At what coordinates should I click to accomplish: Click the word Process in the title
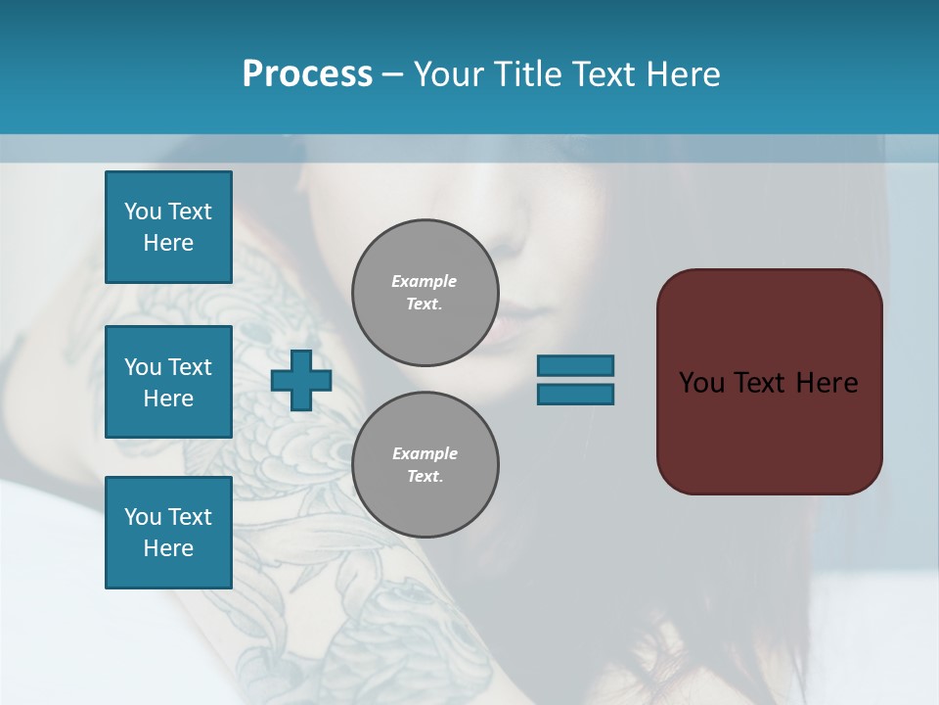[x=307, y=73]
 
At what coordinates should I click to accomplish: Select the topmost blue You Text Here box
[x=168, y=227]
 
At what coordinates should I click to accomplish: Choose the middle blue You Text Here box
[x=168, y=382]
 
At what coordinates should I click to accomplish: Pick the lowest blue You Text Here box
[x=168, y=533]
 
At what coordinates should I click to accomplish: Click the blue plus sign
[x=301, y=380]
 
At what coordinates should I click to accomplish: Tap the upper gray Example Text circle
[x=425, y=292]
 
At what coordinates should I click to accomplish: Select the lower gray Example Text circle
[x=425, y=464]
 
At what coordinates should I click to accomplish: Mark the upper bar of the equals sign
[x=575, y=365]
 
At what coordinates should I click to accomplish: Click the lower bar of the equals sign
[x=575, y=394]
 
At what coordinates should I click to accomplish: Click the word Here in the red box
[x=827, y=382]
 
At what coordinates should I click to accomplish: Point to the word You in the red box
[x=703, y=382]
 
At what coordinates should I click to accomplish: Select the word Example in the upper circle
[x=425, y=281]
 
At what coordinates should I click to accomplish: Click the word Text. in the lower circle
[x=425, y=476]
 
